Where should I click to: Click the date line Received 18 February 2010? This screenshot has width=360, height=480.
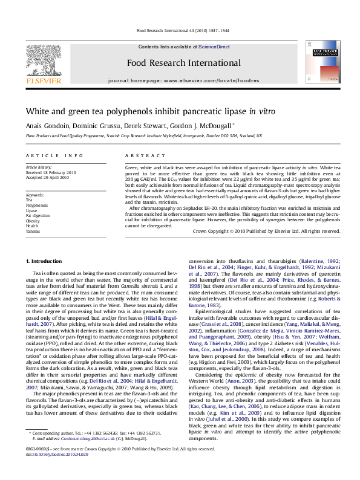click(x=51, y=172)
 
